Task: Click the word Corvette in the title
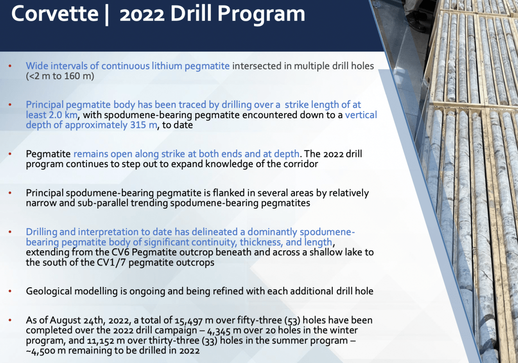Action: (55, 14)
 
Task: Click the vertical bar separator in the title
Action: (107, 14)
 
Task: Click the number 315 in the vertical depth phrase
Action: (137, 125)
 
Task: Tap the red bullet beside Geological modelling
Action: (10, 291)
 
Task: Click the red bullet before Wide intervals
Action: (10, 66)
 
